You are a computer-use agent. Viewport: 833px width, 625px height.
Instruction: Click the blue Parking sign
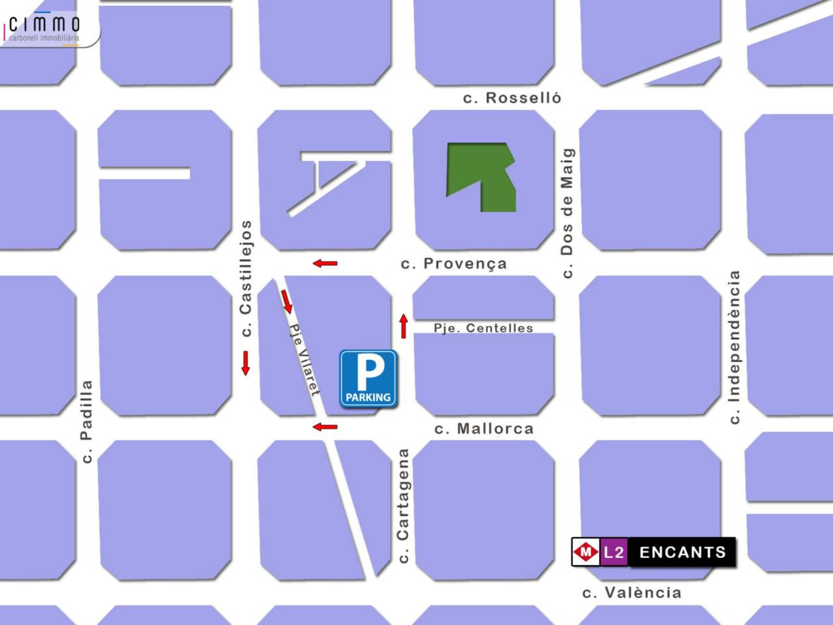[x=368, y=379]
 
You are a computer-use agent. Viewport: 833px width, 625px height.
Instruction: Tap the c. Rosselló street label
[x=512, y=98]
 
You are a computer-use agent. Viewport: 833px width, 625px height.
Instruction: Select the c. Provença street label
[x=454, y=264]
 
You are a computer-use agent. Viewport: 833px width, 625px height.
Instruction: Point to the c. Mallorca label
[x=484, y=428]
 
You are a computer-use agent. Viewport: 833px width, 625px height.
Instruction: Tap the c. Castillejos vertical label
[x=245, y=279]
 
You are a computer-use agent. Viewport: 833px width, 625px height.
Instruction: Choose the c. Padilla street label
[x=86, y=421]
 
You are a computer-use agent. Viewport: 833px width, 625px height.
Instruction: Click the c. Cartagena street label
[x=403, y=506]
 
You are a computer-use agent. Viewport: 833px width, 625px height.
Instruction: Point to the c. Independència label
[x=735, y=347]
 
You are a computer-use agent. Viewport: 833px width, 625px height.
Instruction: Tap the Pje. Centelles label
[x=484, y=328]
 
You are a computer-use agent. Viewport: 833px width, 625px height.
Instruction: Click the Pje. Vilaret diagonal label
[x=305, y=360]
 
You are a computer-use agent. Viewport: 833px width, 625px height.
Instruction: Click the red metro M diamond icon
[x=586, y=553]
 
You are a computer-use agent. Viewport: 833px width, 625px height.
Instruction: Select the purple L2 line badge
[x=614, y=553]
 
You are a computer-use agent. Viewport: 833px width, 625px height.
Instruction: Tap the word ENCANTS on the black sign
[x=682, y=553]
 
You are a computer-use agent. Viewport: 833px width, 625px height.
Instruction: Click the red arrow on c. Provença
[x=325, y=263]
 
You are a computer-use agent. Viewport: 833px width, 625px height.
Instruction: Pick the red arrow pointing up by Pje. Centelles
[x=403, y=326]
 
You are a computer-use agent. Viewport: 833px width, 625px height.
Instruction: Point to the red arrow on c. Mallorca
[x=325, y=427]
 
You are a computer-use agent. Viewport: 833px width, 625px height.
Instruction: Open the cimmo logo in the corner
[x=46, y=27]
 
